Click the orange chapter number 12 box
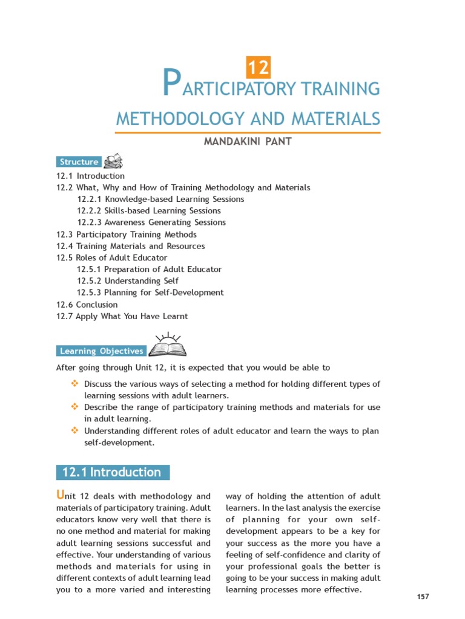click(x=258, y=67)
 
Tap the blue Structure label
click(x=79, y=162)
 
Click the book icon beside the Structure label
click(x=113, y=161)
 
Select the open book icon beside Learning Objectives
click(x=167, y=346)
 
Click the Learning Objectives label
click(x=101, y=351)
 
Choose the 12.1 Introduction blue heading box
click(x=113, y=473)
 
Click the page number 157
click(x=423, y=597)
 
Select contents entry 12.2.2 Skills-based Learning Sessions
click(x=148, y=211)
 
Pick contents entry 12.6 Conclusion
click(x=87, y=305)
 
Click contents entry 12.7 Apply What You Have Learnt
click(x=122, y=316)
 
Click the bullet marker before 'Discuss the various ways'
click(x=75, y=384)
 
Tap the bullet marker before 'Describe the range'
click(x=75, y=407)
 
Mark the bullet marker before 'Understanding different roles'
click(x=75, y=431)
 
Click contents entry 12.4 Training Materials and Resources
click(x=130, y=246)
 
